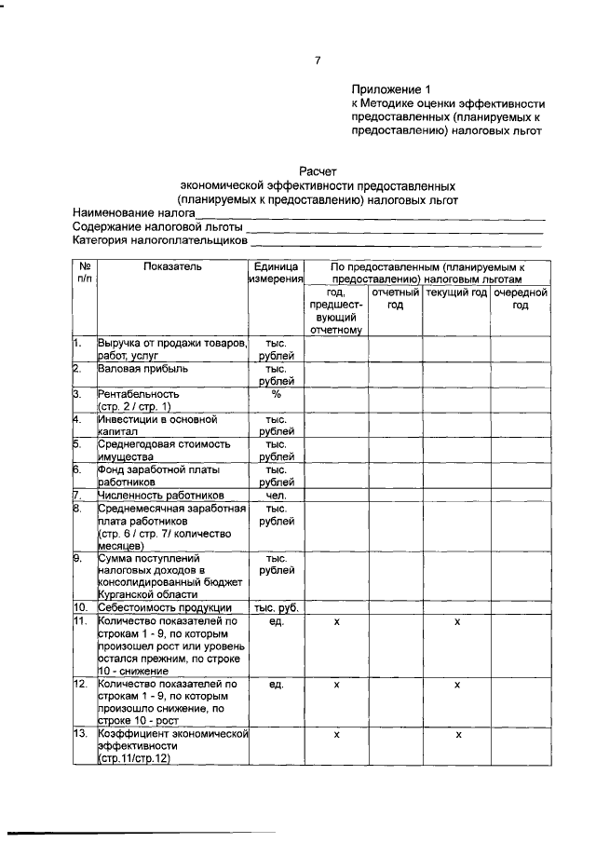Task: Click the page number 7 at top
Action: tap(318, 61)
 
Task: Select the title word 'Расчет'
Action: tap(318, 171)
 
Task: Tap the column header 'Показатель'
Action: tap(172, 266)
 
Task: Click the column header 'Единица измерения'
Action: tap(277, 273)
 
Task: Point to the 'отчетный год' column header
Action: tap(395, 299)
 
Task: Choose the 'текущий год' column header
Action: tap(456, 292)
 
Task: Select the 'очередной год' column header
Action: tap(520, 299)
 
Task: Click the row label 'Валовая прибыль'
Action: tap(144, 369)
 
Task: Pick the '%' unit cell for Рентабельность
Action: tap(277, 394)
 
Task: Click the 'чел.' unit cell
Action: tap(277, 495)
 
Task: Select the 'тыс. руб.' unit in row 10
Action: tap(277, 607)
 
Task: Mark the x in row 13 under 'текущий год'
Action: tap(457, 735)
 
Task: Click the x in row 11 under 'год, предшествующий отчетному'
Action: tap(336, 620)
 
